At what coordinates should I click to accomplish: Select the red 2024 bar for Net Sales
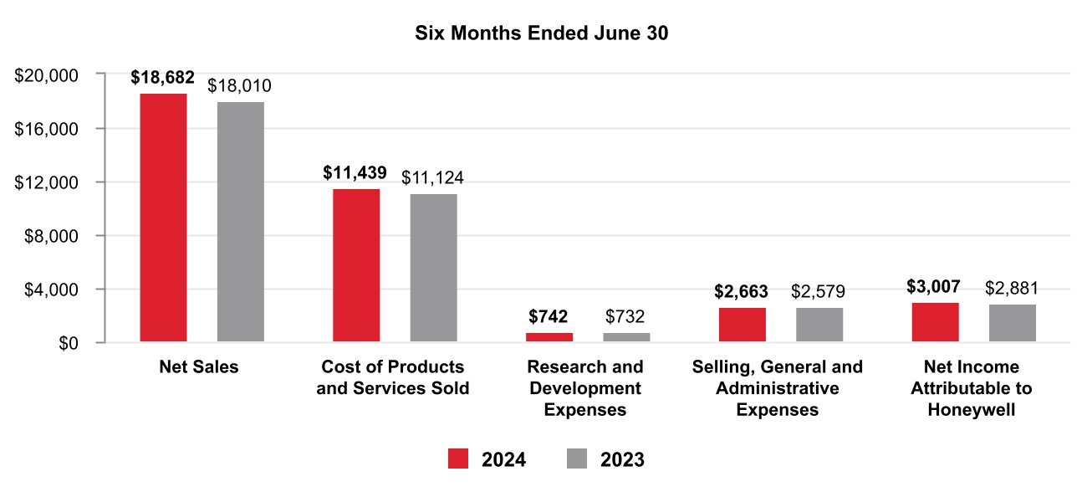tap(163, 218)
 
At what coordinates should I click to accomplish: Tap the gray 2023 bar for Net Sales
tap(241, 222)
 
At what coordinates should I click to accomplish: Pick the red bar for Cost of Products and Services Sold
tap(356, 265)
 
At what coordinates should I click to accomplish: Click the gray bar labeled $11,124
tap(433, 268)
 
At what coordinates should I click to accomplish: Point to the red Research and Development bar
tap(549, 337)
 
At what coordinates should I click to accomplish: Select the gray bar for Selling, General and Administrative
tap(819, 325)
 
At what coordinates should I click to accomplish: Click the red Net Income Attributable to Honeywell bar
tap(935, 323)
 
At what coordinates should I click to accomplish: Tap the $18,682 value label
tap(162, 78)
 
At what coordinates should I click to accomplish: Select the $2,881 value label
tap(1012, 289)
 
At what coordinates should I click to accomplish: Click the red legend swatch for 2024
tap(459, 459)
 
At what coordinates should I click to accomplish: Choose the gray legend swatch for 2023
tap(578, 459)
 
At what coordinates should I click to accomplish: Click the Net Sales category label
tap(198, 367)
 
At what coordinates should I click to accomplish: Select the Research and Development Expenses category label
tap(585, 389)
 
